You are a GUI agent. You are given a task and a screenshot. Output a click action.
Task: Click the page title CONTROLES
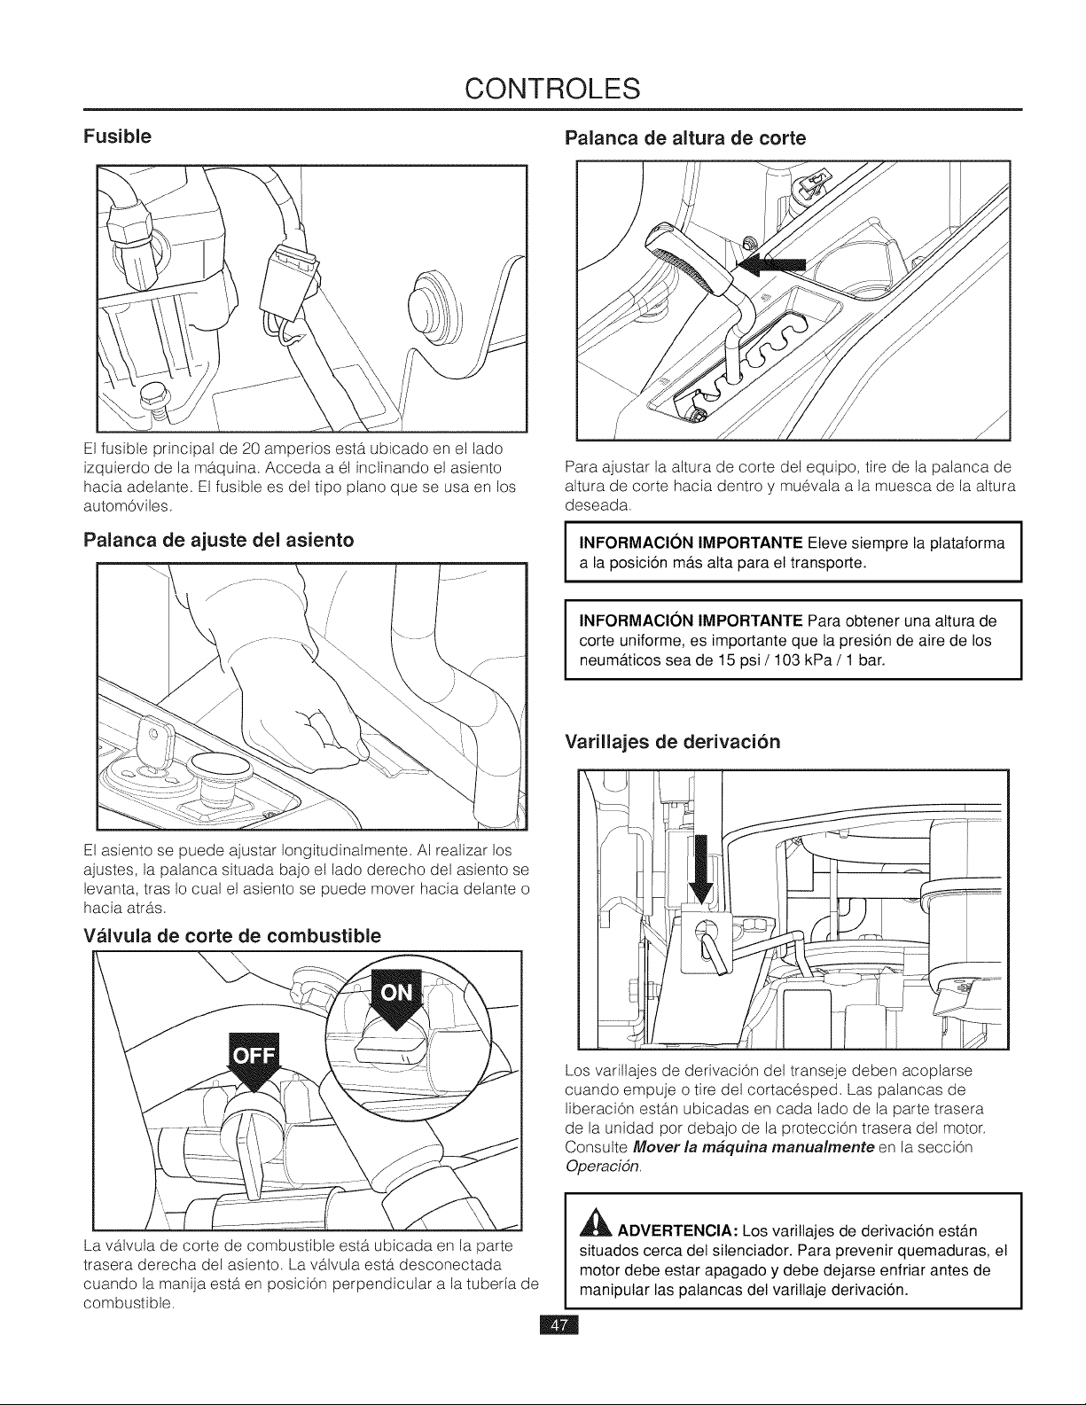(552, 89)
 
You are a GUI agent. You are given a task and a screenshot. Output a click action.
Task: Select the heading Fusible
(117, 137)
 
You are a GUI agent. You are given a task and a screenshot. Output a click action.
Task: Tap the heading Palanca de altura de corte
(685, 138)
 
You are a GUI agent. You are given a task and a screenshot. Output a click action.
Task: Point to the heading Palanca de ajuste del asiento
(218, 540)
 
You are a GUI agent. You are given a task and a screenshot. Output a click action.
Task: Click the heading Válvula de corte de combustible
(232, 935)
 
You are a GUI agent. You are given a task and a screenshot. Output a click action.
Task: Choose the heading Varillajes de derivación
(672, 742)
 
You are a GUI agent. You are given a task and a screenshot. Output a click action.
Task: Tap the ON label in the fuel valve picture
(397, 993)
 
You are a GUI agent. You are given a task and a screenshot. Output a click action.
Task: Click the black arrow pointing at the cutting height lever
(772, 264)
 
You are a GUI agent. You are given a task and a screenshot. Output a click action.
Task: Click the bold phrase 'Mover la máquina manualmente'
(754, 1147)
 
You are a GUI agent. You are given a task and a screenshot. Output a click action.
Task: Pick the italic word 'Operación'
(603, 1166)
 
